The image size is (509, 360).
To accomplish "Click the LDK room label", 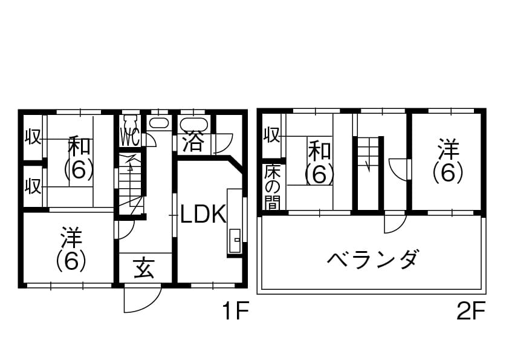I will click(203, 214).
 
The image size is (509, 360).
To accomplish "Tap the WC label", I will click(130, 137).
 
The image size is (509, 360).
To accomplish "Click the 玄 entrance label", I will click(144, 267).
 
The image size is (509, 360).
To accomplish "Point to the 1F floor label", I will click(235, 312).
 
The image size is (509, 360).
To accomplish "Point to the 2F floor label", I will click(471, 312).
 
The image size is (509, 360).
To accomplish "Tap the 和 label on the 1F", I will click(79, 146).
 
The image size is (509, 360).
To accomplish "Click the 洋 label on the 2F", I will click(447, 148).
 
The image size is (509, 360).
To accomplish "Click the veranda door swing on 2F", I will click(394, 224).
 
